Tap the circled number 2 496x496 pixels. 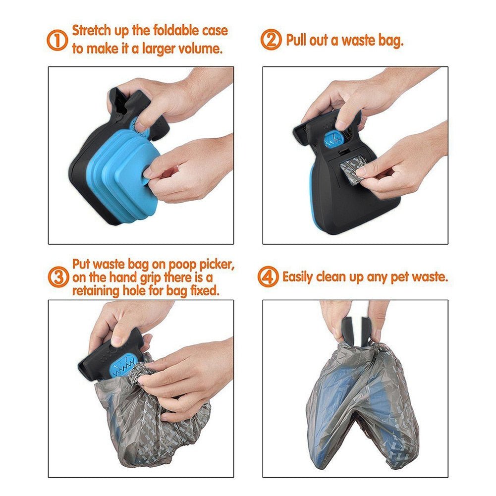click(x=271, y=40)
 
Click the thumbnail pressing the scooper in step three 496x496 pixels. click(x=117, y=340)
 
